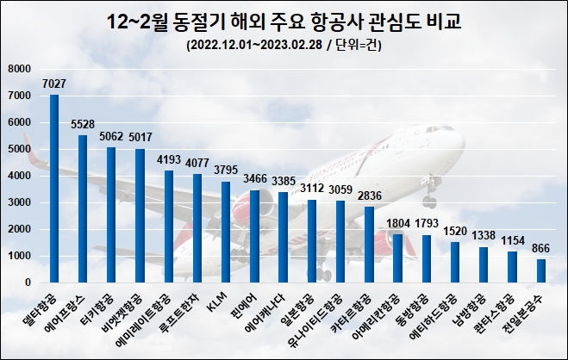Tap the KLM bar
[226, 232]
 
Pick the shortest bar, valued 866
[540, 270]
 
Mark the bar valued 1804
[397, 258]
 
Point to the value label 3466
[254, 178]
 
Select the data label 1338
[484, 235]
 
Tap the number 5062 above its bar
[111, 135]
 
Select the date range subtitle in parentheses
[284, 46]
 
